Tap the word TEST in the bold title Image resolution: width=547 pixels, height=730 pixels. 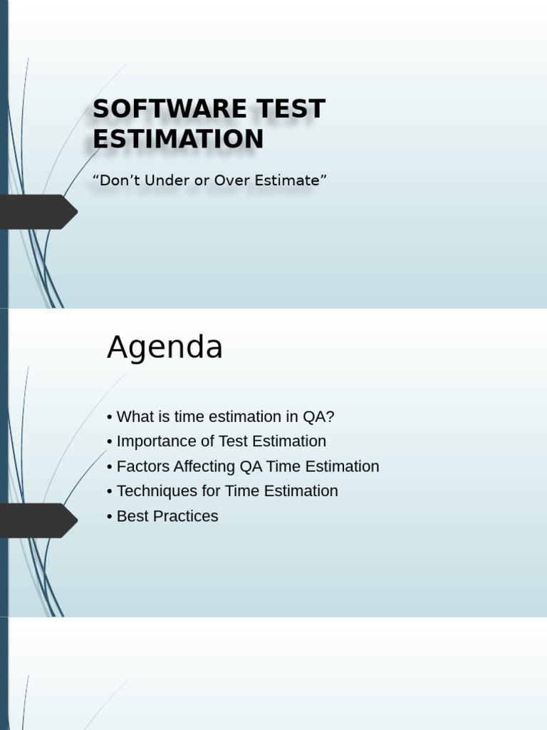point(288,109)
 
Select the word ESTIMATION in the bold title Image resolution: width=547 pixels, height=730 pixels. point(178,139)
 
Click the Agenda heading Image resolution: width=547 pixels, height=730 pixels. point(165,348)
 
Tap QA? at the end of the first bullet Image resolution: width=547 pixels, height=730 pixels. point(319,417)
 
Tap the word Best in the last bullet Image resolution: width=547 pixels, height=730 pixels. point(132,516)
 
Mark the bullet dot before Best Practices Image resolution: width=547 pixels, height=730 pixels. point(110,517)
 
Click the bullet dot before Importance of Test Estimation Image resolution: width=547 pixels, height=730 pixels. point(110,442)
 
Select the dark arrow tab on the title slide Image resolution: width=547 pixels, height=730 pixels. point(39,212)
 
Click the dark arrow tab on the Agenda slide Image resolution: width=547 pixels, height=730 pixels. point(39,520)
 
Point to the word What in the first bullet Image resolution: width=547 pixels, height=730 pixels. point(133,417)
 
